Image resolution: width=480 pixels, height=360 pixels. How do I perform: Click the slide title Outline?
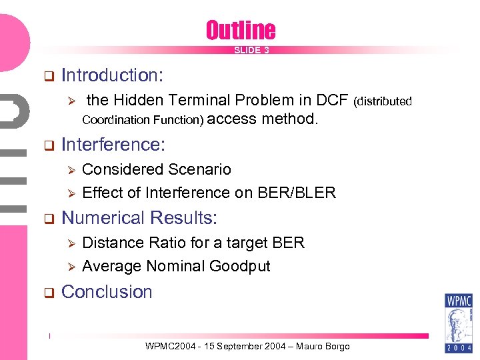[240, 30]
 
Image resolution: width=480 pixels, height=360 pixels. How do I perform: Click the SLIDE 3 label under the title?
[251, 51]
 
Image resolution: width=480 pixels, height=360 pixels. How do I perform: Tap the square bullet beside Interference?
[48, 145]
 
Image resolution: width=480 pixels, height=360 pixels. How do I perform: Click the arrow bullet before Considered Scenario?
[68, 170]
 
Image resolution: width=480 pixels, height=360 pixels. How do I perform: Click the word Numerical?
[103, 218]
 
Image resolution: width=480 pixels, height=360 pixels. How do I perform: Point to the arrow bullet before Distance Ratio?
[68, 243]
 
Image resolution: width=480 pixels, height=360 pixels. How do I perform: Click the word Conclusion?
[107, 292]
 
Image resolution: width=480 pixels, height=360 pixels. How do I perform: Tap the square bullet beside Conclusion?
[48, 293]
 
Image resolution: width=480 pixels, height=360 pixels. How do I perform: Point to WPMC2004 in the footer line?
[169, 347]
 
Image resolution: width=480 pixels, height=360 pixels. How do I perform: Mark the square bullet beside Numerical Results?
[48, 219]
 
